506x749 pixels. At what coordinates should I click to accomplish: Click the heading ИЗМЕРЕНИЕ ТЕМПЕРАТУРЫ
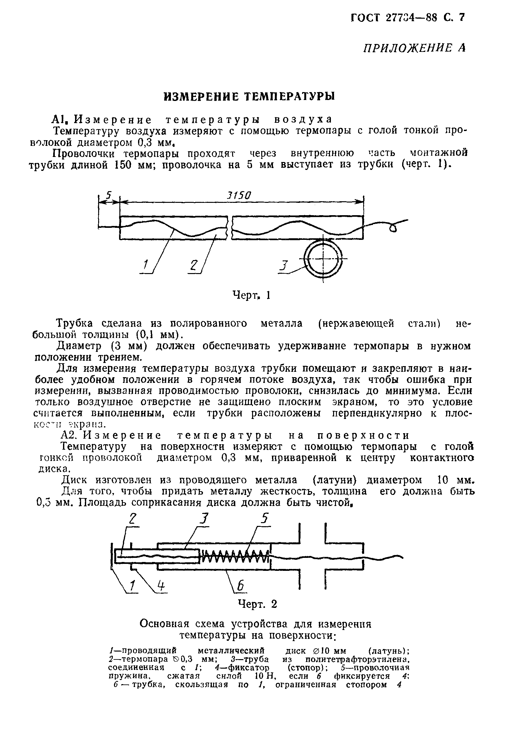[249, 97]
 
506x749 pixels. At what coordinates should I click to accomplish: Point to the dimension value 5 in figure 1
[109, 195]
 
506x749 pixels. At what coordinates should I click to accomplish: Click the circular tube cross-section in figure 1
[324, 259]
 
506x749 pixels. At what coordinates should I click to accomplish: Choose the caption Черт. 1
[251, 295]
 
